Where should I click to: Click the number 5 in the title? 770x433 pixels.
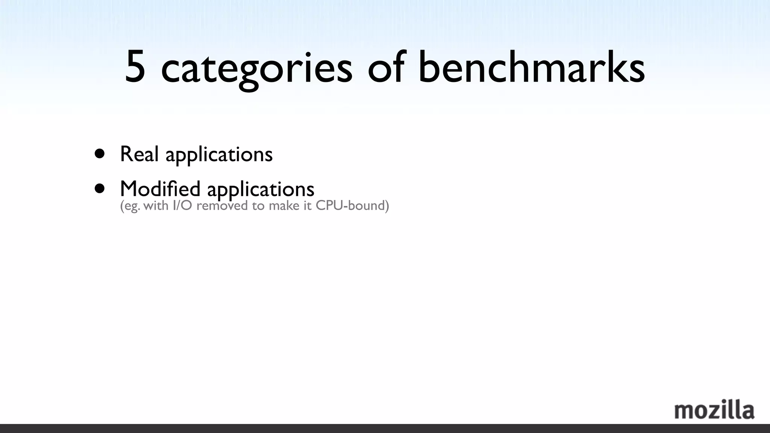coord(135,67)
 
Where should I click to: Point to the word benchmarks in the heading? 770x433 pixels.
coord(531,67)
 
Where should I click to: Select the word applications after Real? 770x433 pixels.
coord(219,155)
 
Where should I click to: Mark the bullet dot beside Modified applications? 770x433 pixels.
coord(100,188)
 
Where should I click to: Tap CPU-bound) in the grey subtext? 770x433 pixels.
coord(352,206)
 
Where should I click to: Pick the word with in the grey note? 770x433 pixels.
coord(156,206)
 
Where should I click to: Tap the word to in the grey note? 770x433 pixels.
coord(258,206)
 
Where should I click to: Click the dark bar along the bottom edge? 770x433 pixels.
coord(385,428)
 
